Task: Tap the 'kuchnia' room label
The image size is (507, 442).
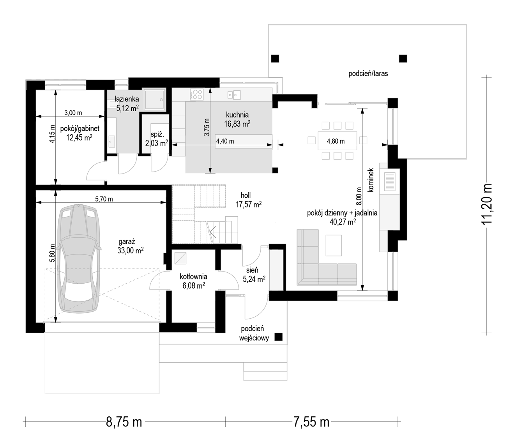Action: click(x=237, y=115)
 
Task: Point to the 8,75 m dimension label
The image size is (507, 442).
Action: click(x=124, y=422)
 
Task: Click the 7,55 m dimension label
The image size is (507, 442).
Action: click(x=311, y=422)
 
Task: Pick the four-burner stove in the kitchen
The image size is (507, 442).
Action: click(x=197, y=94)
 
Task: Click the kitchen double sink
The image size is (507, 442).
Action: click(x=234, y=95)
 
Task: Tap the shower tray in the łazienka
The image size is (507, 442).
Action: click(x=154, y=100)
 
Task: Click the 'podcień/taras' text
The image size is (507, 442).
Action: click(x=368, y=74)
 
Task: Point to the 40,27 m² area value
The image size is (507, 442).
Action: click(x=343, y=222)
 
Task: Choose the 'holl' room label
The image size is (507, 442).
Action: click(x=246, y=195)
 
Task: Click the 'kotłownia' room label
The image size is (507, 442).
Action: click(x=194, y=277)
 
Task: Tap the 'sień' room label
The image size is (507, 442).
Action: click(x=253, y=270)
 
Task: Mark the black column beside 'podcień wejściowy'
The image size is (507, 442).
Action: click(x=278, y=337)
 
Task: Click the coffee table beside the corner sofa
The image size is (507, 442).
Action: click(x=334, y=246)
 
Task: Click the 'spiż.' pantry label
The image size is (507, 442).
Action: click(x=157, y=134)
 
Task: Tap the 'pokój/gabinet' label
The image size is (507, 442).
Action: click(x=80, y=128)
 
